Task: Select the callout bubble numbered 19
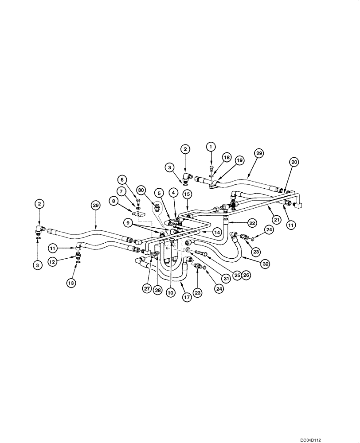(x=240, y=161)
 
